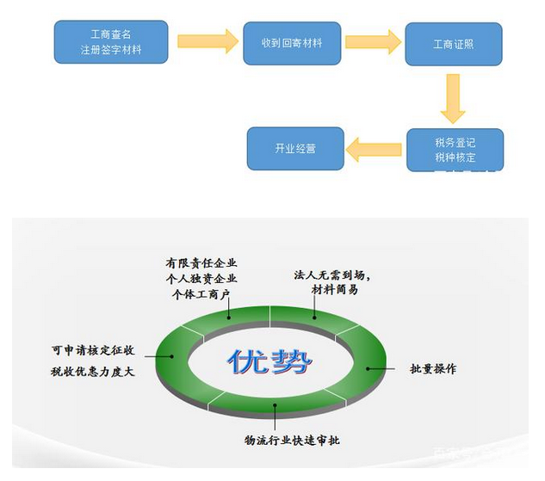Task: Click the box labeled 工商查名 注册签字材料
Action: coord(110,43)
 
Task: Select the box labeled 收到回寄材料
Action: coord(292,42)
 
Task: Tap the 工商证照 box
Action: coord(454,44)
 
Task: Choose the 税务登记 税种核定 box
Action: coord(454,149)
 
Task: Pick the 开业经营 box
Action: coord(295,149)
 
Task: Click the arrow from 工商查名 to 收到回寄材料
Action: coord(207,41)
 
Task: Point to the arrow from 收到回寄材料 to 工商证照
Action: coord(373,41)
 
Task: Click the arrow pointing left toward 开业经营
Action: coord(375,150)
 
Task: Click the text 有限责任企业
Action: coord(201,262)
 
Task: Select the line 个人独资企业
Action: coord(201,278)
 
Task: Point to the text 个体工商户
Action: coord(201,293)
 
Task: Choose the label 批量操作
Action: coord(433,368)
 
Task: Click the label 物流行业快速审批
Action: coord(292,441)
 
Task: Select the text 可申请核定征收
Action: coord(92,351)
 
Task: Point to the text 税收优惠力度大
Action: coord(92,372)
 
